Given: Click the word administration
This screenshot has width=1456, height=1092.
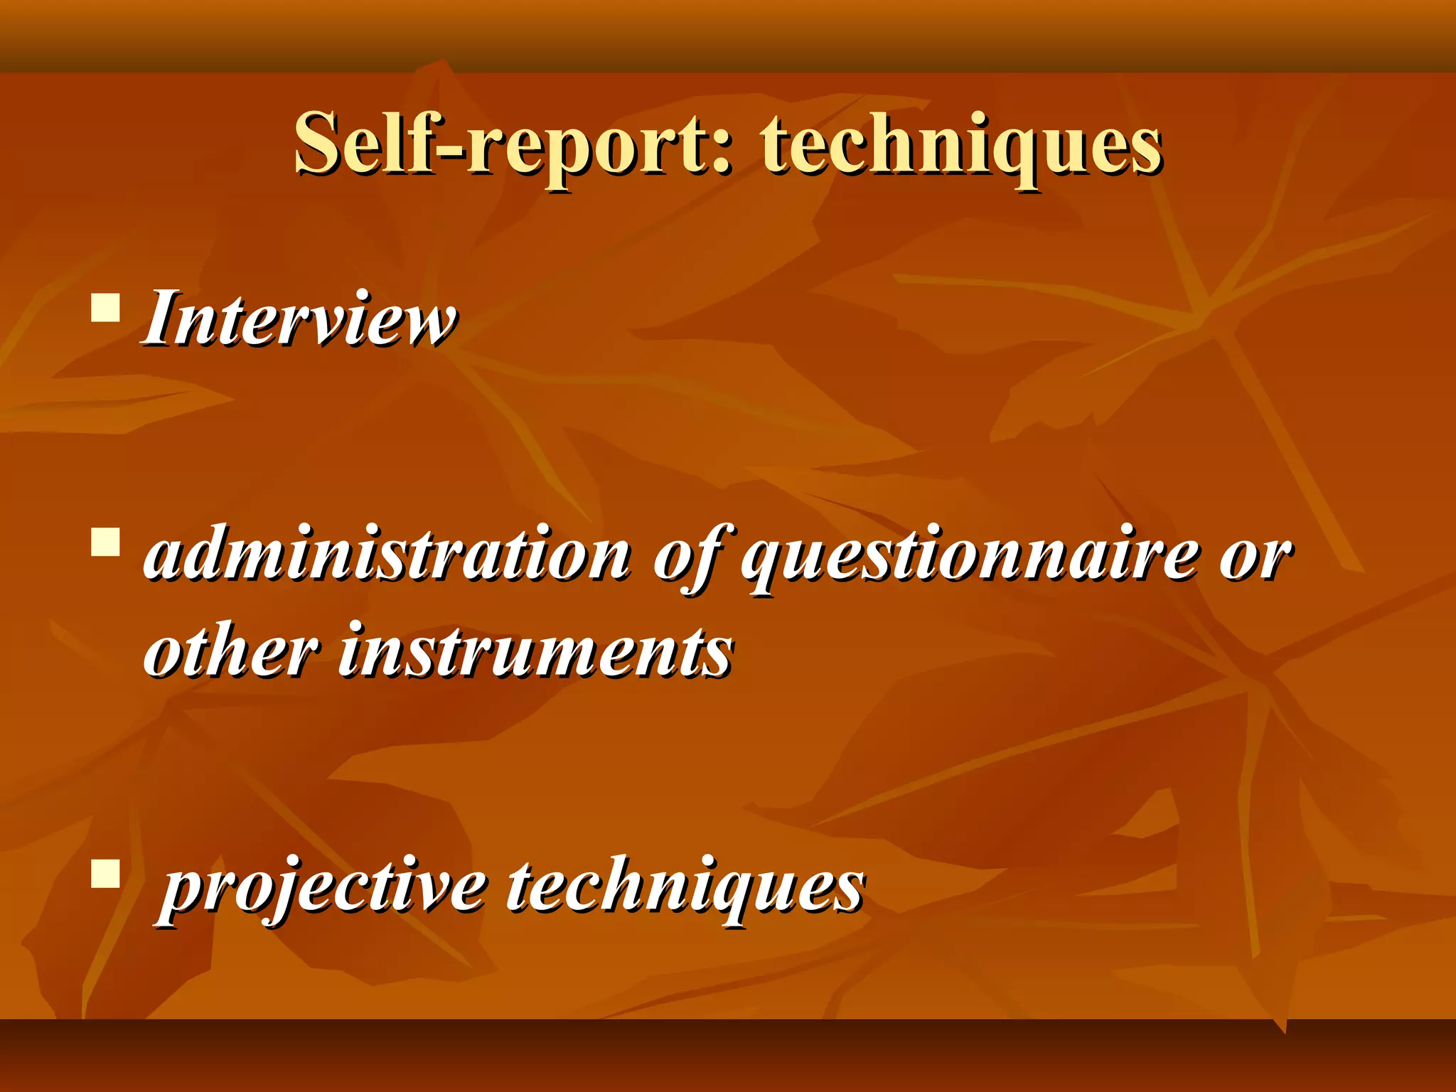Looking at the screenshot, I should pyautogui.click(x=387, y=555).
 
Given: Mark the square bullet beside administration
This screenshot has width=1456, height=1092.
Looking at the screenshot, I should pyautogui.click(x=105, y=541).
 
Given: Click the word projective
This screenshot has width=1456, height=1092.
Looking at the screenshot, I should pyautogui.click(x=323, y=889).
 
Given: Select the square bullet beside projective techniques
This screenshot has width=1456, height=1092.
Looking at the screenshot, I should pyautogui.click(x=105, y=874).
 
